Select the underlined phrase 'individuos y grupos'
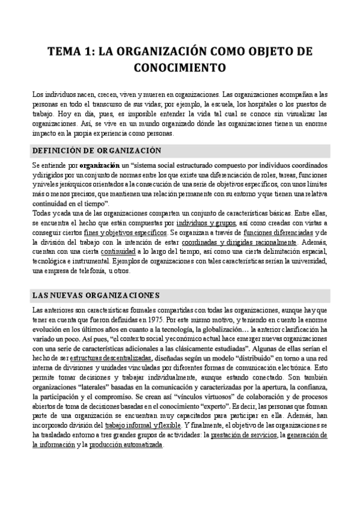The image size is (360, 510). pyautogui.click(x=207, y=223)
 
